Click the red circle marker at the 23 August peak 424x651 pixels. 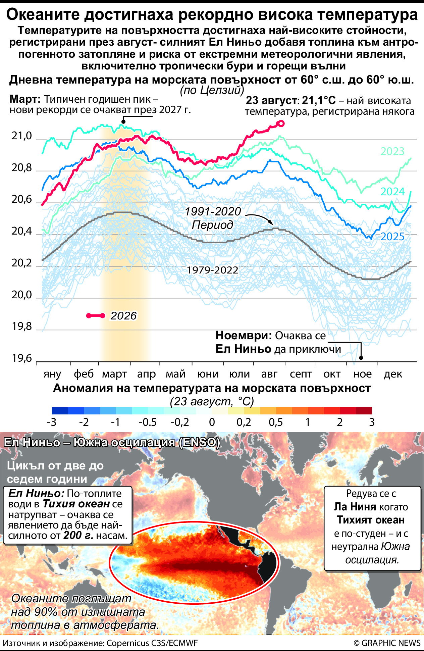coord(281,123)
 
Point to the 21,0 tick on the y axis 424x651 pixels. coord(22,136)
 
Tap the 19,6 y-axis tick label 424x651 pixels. coord(22,358)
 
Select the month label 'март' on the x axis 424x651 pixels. coord(114,374)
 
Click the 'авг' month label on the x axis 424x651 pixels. coord(269,374)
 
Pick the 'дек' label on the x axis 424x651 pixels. coord(393,374)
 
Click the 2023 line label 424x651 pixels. coord(392,151)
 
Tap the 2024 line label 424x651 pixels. coord(392,192)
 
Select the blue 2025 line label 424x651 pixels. coord(392,237)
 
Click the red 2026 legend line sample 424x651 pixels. coord(96,316)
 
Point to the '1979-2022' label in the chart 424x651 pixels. coord(212,270)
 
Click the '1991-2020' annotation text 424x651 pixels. coord(213,211)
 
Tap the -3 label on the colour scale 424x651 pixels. coord(52,422)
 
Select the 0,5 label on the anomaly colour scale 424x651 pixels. coord(276,422)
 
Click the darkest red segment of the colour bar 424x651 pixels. coord(364,411)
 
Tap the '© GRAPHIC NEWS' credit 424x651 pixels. coord(387,643)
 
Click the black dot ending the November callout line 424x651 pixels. coord(361,358)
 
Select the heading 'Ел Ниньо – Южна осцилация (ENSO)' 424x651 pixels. coord(112,442)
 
